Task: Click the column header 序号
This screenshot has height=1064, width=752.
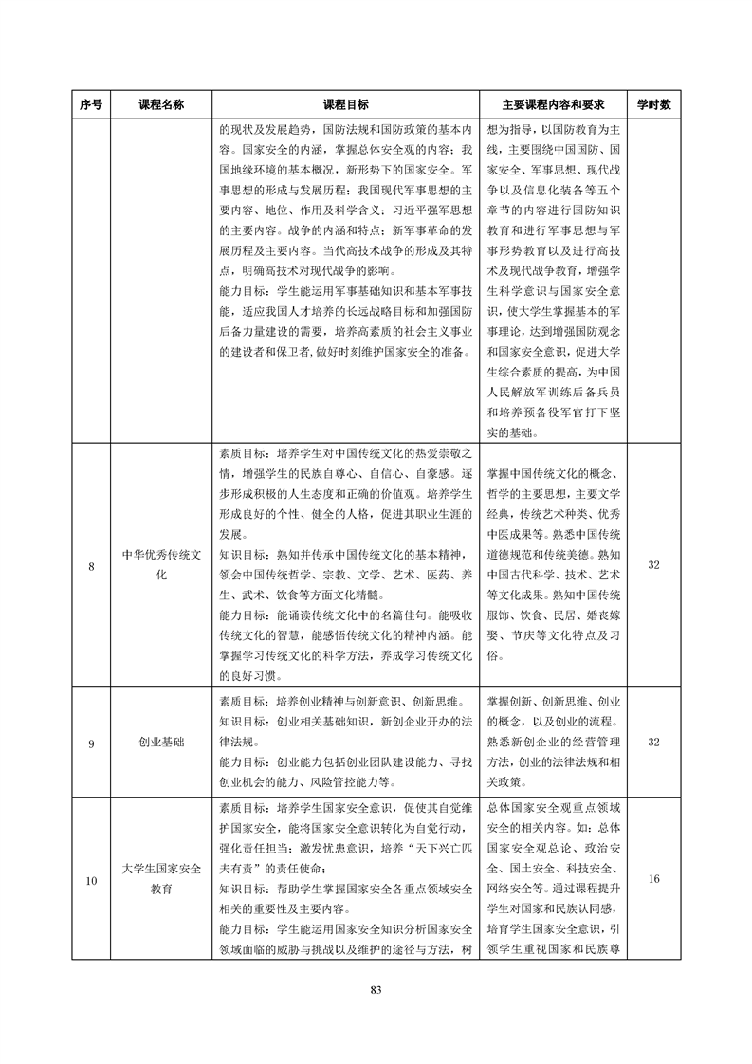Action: point(91,104)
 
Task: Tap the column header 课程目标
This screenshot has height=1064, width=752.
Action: point(346,104)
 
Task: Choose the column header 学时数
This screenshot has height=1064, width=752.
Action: point(653,104)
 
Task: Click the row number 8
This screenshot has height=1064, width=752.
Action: point(91,566)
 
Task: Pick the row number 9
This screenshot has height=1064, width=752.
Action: point(91,743)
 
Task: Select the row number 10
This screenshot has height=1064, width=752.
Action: point(91,881)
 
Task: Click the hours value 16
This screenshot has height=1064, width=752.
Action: point(653,880)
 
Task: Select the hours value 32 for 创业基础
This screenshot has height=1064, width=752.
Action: point(653,743)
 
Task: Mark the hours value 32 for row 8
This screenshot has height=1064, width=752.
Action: point(653,565)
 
